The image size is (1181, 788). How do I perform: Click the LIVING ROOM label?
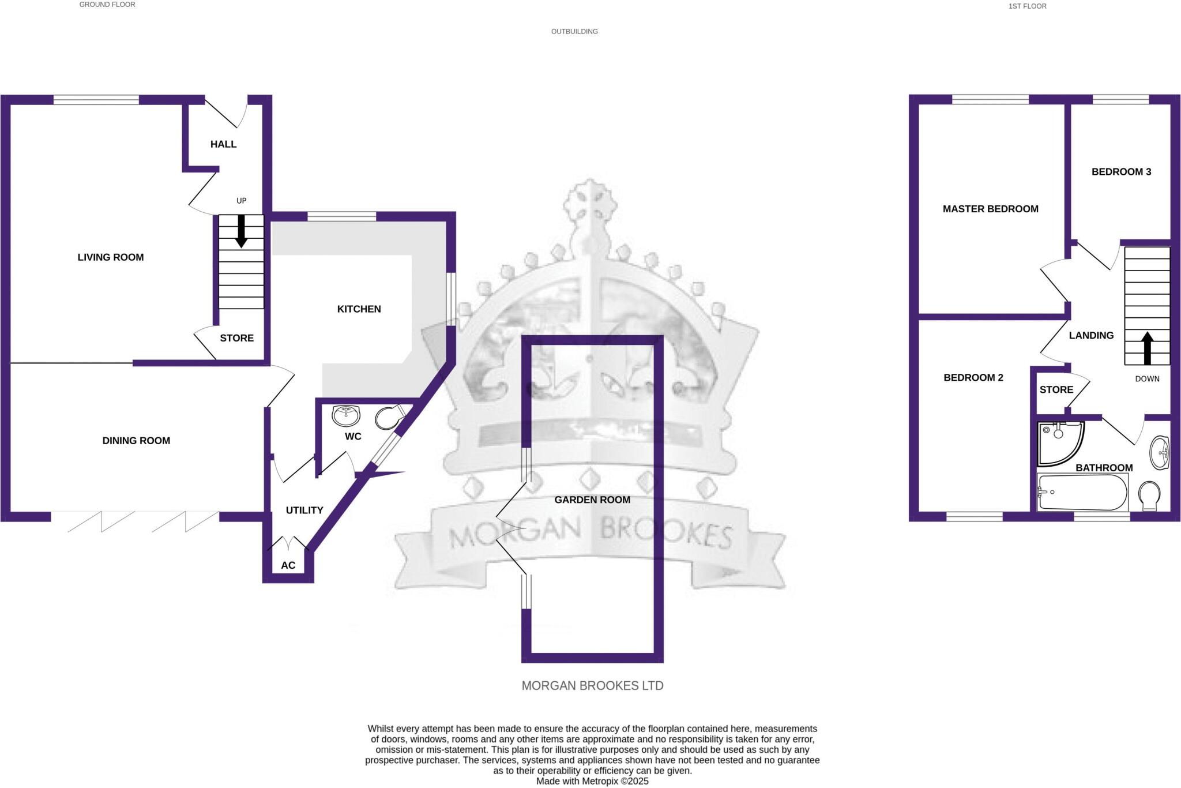pos(111,257)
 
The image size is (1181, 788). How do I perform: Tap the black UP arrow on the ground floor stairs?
pos(241,231)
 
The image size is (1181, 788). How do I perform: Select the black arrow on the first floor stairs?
pos(1147,348)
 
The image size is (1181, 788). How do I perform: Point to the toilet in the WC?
pos(388,418)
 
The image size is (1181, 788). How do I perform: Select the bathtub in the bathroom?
pos(1082,493)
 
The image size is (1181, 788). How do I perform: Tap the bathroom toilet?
pos(1150,496)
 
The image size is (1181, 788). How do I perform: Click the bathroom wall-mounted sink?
pos(1159,452)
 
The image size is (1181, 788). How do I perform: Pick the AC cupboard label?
pos(288,565)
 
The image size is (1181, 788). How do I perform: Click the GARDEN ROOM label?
pos(592,500)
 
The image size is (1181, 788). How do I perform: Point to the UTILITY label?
pos(304,511)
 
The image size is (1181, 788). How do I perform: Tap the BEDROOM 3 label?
pos(1121,172)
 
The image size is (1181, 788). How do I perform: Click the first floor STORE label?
pos(1056,390)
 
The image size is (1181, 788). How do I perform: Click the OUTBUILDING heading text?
pos(574,32)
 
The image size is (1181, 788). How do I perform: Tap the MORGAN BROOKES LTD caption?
pos(592,685)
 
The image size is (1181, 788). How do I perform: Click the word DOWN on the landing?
pos(1147,379)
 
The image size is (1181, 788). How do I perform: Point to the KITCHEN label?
pos(359,309)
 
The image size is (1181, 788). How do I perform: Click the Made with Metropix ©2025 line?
pos(592,781)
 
